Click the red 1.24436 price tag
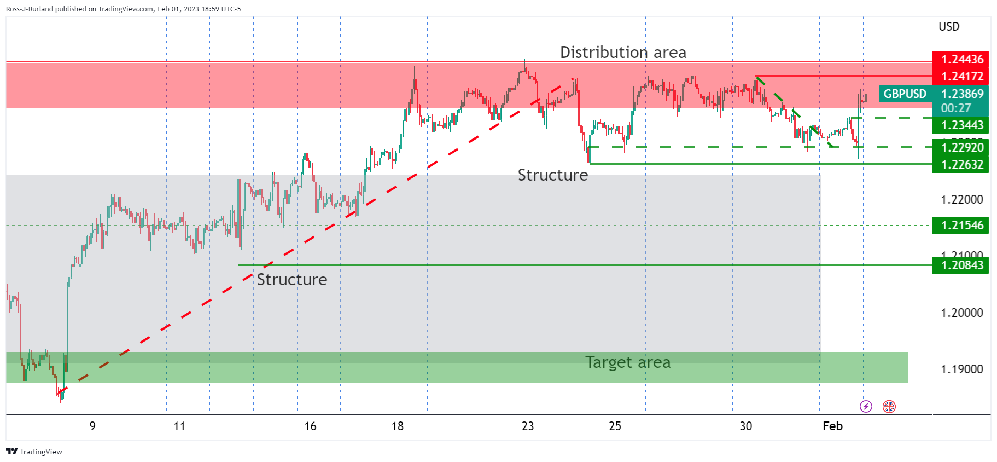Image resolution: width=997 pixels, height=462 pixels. pyautogui.click(x=961, y=59)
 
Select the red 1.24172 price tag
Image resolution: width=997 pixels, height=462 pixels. pyautogui.click(x=961, y=76)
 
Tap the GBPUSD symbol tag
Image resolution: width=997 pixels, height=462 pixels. pyautogui.click(x=905, y=94)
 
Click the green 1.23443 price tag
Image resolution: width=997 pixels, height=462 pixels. pyautogui.click(x=961, y=125)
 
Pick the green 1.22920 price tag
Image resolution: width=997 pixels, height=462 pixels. pyautogui.click(x=961, y=147)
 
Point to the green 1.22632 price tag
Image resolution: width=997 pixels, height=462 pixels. pyautogui.click(x=961, y=164)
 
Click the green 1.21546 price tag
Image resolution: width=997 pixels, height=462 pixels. pyautogui.click(x=961, y=225)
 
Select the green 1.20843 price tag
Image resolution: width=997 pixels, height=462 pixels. pyautogui.click(x=961, y=265)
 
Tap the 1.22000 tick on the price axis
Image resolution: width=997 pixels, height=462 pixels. pyautogui.click(x=961, y=199)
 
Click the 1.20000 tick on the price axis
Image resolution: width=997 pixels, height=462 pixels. pyautogui.click(x=961, y=313)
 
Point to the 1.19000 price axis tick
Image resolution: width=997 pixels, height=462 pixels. pyautogui.click(x=961, y=369)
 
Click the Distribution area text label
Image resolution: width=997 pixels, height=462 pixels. pyautogui.click(x=623, y=53)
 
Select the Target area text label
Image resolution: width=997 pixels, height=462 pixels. pyautogui.click(x=627, y=362)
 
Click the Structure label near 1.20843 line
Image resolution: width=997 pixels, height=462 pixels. pyautogui.click(x=292, y=280)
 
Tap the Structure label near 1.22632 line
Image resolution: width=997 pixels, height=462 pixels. pyautogui.click(x=552, y=175)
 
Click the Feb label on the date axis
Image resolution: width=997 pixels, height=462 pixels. pyautogui.click(x=832, y=426)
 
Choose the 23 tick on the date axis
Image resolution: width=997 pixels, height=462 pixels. pyautogui.click(x=527, y=426)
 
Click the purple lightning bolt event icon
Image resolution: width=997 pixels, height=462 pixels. pyautogui.click(x=866, y=406)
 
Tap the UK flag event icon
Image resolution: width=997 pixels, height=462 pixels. pyautogui.click(x=889, y=406)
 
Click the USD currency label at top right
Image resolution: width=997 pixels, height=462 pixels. pyautogui.click(x=949, y=26)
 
